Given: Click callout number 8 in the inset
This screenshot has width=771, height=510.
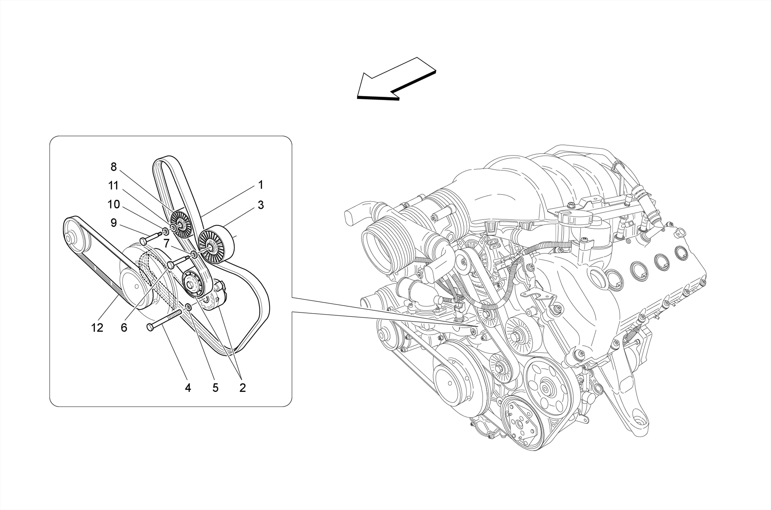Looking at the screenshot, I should [x=113, y=167].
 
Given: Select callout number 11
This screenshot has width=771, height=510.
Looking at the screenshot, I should [x=113, y=186].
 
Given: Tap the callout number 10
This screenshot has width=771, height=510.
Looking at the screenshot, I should [x=113, y=204].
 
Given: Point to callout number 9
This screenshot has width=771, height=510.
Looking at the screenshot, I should [x=113, y=223].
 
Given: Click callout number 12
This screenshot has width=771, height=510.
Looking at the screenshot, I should [x=97, y=328].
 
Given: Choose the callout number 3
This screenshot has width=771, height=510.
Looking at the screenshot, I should [x=261, y=205].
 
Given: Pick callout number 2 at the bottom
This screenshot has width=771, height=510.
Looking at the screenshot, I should [x=242, y=388].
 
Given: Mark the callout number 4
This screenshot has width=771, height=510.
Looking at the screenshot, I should [x=188, y=388].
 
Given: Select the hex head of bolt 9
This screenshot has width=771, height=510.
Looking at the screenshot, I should [x=143, y=241].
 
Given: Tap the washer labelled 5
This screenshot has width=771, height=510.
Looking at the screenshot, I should [x=189, y=308].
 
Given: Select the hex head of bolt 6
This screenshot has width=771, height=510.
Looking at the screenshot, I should [x=171, y=265].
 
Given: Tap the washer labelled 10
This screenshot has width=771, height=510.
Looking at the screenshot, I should [x=166, y=231].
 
